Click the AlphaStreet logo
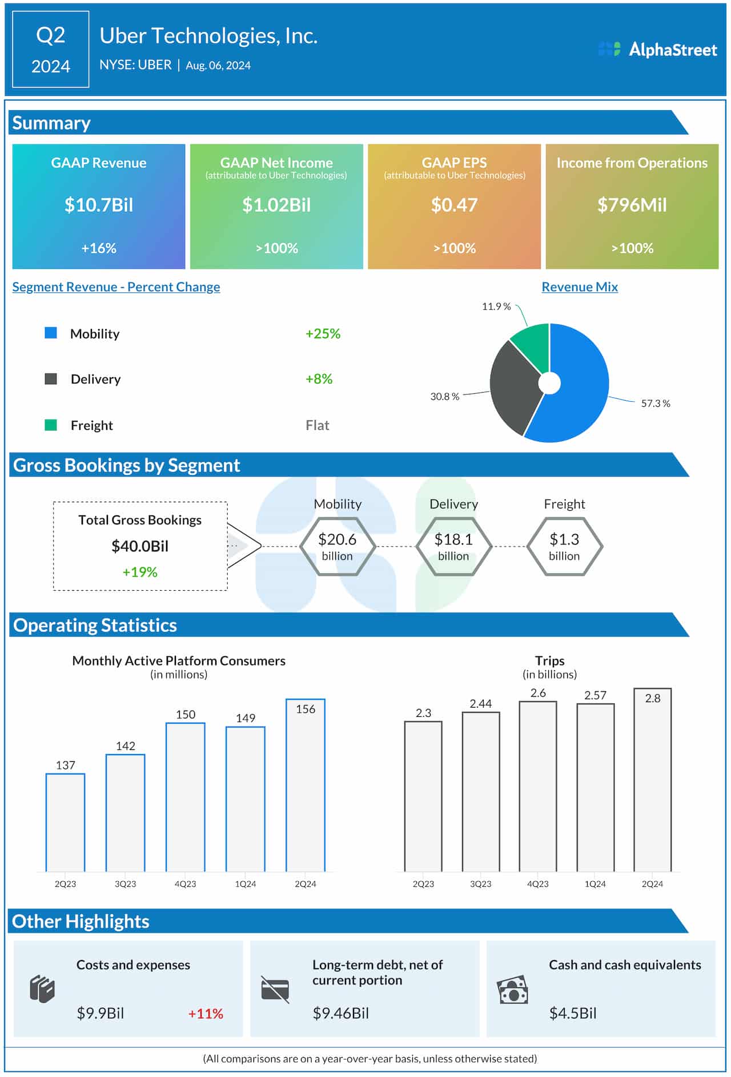657,50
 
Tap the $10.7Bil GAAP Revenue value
99,205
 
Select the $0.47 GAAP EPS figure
454,205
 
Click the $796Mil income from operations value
632,205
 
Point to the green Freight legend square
51,425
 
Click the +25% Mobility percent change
323,334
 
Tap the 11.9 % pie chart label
496,306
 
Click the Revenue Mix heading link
580,287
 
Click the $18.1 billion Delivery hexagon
453,546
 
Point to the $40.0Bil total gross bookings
140,546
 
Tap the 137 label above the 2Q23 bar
66,765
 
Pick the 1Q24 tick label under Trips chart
595,884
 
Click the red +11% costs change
206,1014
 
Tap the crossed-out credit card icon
275,989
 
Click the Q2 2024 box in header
51,50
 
